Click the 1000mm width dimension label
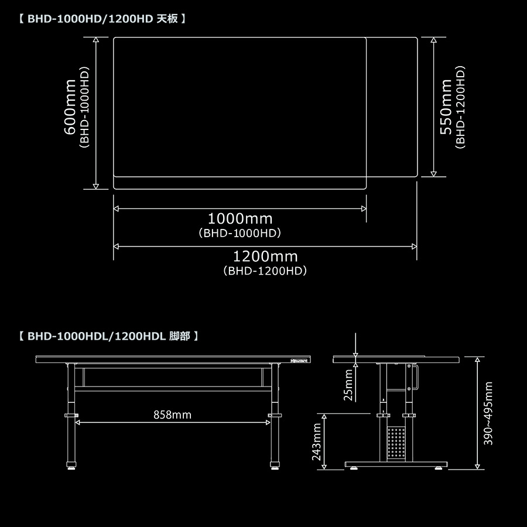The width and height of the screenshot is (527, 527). pyautogui.click(x=240, y=219)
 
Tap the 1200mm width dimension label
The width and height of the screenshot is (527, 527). pyautogui.click(x=265, y=257)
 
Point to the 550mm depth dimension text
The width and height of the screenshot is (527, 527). pyautogui.click(x=446, y=107)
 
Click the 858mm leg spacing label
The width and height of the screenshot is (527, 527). pyautogui.click(x=172, y=415)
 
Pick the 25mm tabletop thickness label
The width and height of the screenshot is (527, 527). pyautogui.click(x=348, y=385)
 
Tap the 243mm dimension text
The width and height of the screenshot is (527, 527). pyautogui.click(x=317, y=442)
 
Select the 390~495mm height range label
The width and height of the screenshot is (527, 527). pyautogui.click(x=488, y=413)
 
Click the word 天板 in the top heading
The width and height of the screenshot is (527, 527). pyautogui.click(x=167, y=19)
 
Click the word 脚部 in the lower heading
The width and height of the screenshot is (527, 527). pyautogui.click(x=180, y=336)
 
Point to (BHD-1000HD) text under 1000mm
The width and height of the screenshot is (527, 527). pyautogui.click(x=239, y=233)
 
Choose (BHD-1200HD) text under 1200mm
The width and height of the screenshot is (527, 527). pyautogui.click(x=265, y=271)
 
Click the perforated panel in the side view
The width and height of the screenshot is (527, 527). pyautogui.click(x=396, y=444)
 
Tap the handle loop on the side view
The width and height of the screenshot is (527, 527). pyautogui.click(x=417, y=377)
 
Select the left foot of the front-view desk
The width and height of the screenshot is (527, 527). pyautogui.click(x=71, y=466)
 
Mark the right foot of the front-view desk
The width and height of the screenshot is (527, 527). pyautogui.click(x=275, y=466)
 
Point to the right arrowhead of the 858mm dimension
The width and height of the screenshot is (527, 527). pyautogui.click(x=268, y=422)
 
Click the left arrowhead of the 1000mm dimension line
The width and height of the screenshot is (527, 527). pyautogui.click(x=116, y=208)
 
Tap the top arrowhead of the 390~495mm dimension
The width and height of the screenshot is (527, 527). pyautogui.click(x=477, y=360)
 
